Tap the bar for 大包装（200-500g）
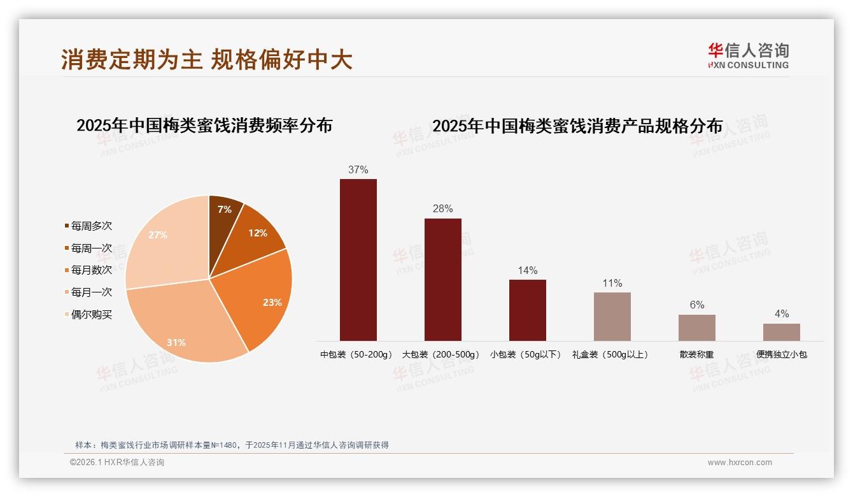tap(443, 280)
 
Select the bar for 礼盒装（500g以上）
tap(612, 317)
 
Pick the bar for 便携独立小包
tap(782, 332)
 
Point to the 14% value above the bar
tap(528, 270)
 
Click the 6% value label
tap(697, 305)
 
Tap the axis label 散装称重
tap(697, 354)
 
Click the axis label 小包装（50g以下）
tap(526, 354)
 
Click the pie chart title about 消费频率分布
tap(204, 126)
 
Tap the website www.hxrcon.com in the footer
tap(740, 463)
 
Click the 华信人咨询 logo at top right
tap(749, 55)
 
